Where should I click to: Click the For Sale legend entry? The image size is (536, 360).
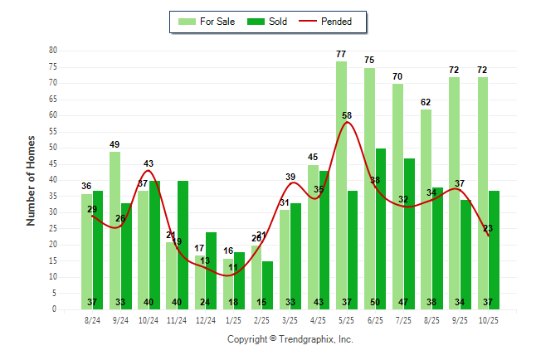pos(207,22)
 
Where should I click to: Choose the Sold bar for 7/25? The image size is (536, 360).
pos(409,233)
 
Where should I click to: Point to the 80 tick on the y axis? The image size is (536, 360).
pos(52,51)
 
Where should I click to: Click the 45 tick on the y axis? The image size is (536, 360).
pos(52,163)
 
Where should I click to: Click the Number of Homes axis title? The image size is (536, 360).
pos(31,180)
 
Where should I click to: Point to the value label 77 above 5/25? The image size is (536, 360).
pos(341,54)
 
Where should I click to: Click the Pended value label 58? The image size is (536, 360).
pos(346,115)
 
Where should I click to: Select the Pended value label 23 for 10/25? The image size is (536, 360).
pos(488,228)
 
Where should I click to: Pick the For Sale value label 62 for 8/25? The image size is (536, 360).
pos(426,102)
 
